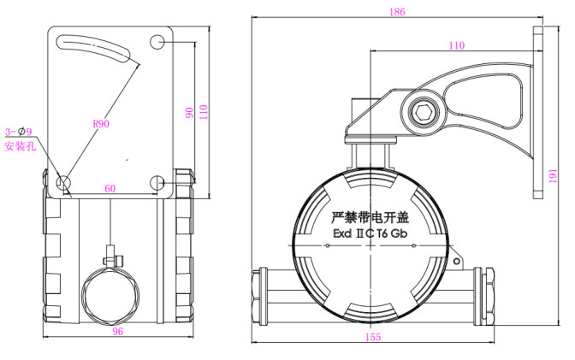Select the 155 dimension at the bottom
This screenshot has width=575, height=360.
[371, 338]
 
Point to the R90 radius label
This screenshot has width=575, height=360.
[100, 123]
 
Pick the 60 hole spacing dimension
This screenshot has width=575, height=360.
[110, 188]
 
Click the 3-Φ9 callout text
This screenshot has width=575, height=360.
[18, 132]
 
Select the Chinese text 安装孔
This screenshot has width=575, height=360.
[19, 146]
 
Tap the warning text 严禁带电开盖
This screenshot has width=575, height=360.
[371, 219]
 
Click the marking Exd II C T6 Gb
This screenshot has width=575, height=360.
[371, 242]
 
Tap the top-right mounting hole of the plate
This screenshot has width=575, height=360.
[158, 41]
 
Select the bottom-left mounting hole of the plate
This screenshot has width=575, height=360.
[63, 182]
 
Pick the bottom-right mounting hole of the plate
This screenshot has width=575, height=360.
[158, 182]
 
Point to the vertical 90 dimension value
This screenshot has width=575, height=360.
[189, 113]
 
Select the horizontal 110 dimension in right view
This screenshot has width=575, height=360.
[457, 45]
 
